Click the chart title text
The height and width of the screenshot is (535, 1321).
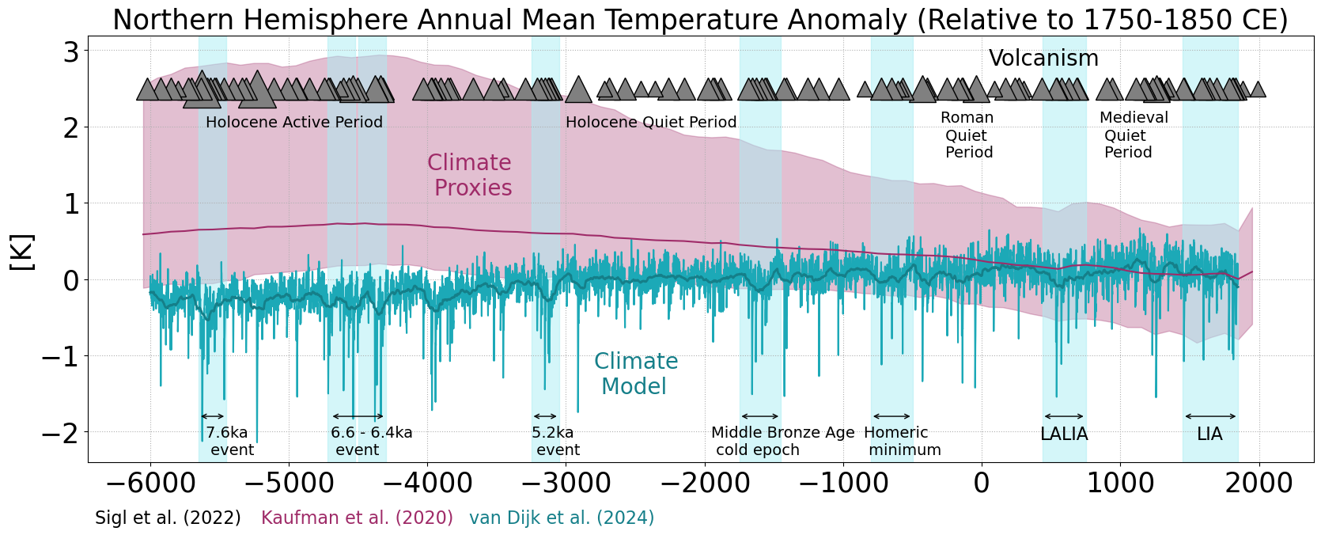pyautogui.click(x=700, y=20)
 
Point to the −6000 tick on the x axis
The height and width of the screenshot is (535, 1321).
pyautogui.click(x=150, y=482)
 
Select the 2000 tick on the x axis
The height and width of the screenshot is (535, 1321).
pyautogui.click(x=1258, y=482)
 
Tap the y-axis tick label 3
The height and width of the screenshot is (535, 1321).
pyautogui.click(x=71, y=52)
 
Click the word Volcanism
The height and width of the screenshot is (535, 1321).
pyautogui.click(x=1043, y=59)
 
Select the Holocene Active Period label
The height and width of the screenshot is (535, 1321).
pyautogui.click(x=293, y=123)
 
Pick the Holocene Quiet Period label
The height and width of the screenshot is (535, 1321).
pyautogui.click(x=650, y=123)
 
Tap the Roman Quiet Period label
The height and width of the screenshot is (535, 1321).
pyautogui.click(x=967, y=135)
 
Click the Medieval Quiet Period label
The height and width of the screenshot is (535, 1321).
pyautogui.click(x=1133, y=135)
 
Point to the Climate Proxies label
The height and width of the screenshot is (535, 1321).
pyautogui.click(x=471, y=175)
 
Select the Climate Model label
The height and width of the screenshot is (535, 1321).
pyautogui.click(x=635, y=374)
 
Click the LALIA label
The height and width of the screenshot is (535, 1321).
pyautogui.click(x=1064, y=434)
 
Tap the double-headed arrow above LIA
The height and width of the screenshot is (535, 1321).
pyautogui.click(x=1210, y=416)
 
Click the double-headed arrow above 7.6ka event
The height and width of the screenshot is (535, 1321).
pyautogui.click(x=213, y=416)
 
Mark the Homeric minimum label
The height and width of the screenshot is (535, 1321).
pyautogui.click(x=901, y=442)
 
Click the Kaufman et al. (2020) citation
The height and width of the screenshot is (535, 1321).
pyautogui.click(x=357, y=518)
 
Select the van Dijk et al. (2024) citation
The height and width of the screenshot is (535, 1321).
pyautogui.click(x=562, y=518)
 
